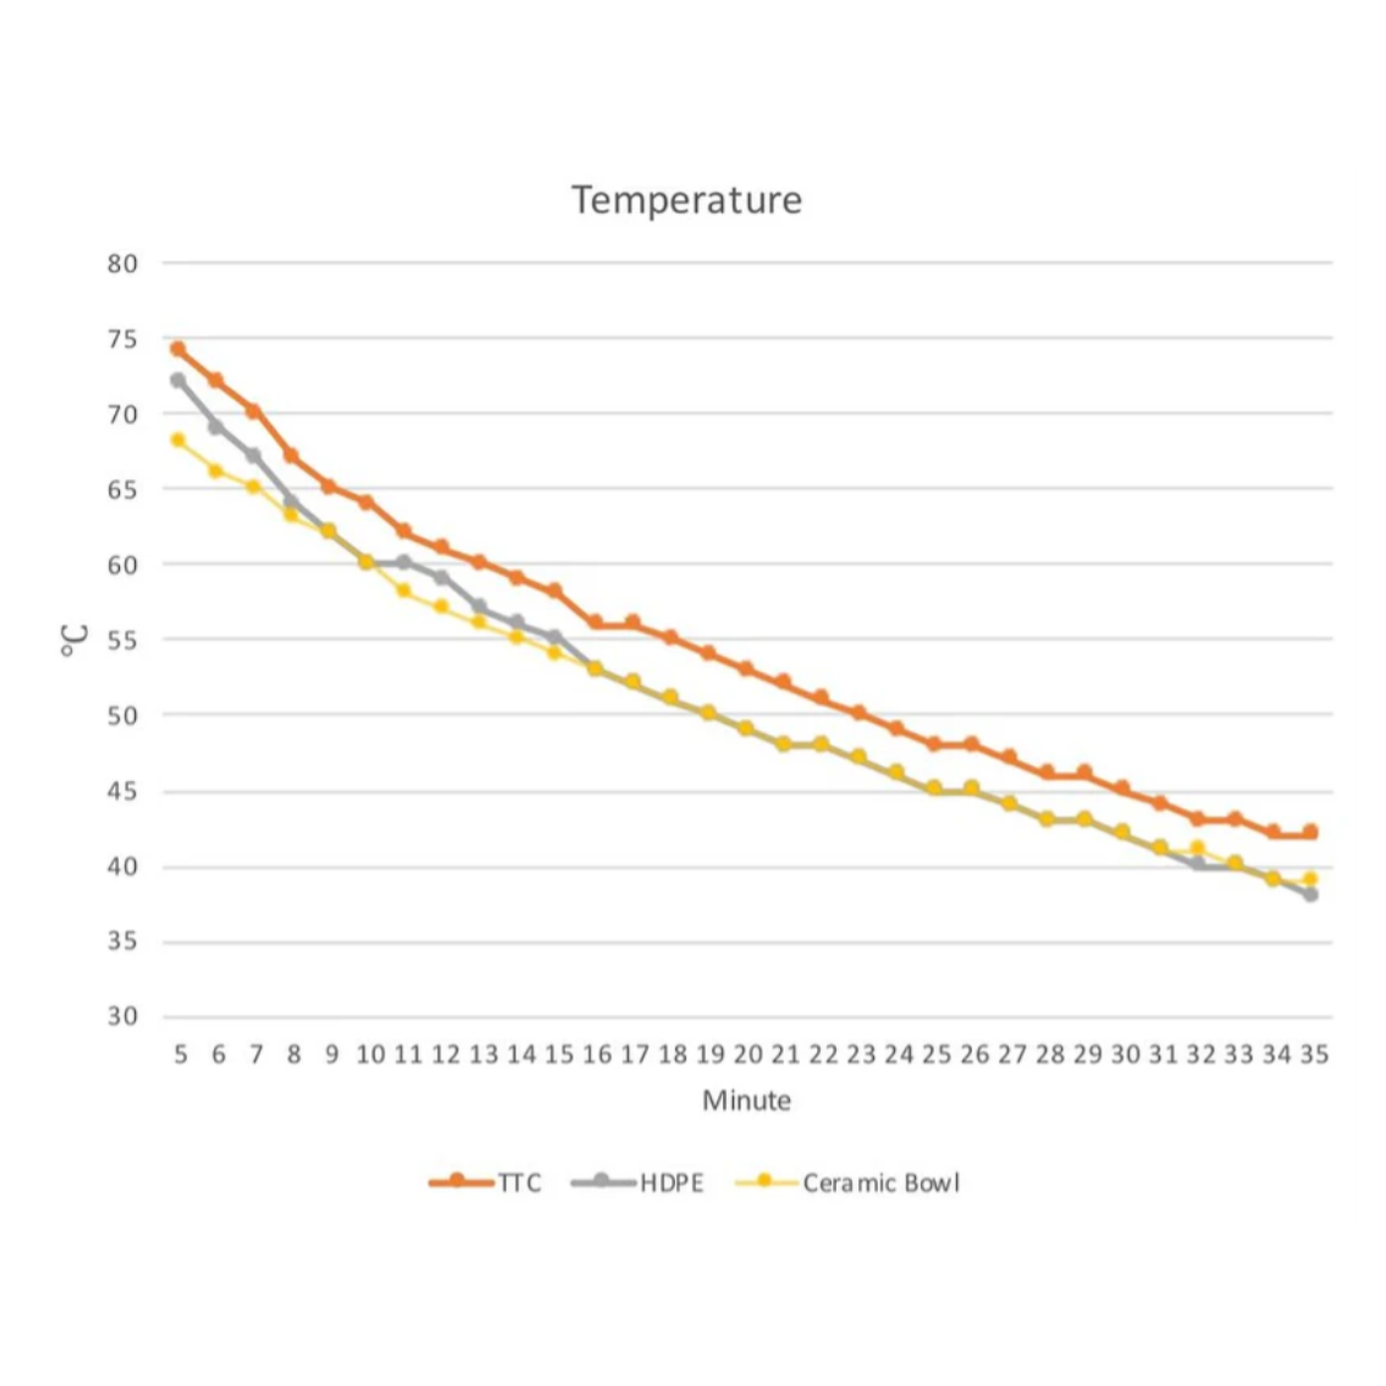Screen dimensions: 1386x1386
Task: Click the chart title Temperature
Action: click(x=686, y=200)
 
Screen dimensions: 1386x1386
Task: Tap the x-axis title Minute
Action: click(x=746, y=1100)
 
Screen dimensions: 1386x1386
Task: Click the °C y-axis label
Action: click(x=74, y=640)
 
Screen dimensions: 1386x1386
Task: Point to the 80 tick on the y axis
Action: click(x=123, y=263)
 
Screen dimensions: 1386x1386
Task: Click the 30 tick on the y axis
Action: click(x=123, y=1016)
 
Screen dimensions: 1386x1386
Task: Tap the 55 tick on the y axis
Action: click(x=123, y=640)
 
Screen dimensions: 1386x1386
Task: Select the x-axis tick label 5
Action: click(x=180, y=1054)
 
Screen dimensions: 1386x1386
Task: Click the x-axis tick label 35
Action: click(x=1314, y=1054)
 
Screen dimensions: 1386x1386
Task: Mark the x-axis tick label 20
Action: click(x=747, y=1054)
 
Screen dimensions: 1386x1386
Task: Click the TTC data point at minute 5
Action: click(x=178, y=348)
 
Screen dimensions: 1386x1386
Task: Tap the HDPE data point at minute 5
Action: click(x=178, y=380)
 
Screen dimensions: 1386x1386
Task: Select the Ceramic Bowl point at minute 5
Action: click(x=178, y=440)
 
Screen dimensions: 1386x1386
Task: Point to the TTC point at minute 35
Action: click(x=1311, y=832)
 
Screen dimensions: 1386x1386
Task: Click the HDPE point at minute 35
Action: click(x=1311, y=894)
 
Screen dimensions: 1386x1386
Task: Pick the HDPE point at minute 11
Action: click(x=404, y=562)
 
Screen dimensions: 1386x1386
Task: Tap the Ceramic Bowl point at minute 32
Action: click(x=1197, y=847)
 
